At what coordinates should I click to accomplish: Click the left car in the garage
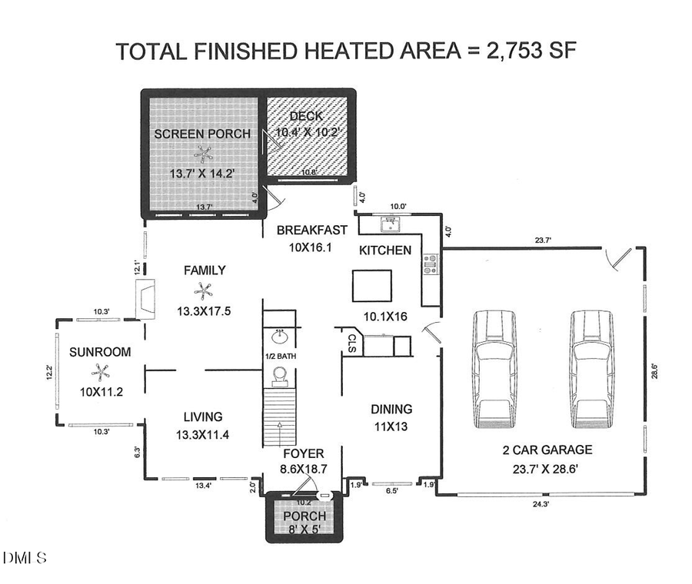point(497,370)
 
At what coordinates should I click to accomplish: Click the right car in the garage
point(593,370)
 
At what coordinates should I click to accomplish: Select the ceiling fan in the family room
point(204,290)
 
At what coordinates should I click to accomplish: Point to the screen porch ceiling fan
point(203,154)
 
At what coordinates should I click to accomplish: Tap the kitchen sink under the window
point(391,224)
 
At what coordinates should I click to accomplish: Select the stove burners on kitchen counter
point(431,264)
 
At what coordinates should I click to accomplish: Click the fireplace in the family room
point(146,299)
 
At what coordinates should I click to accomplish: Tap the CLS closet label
point(351,343)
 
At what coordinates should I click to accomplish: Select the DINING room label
point(391,410)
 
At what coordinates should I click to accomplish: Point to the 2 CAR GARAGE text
point(543,450)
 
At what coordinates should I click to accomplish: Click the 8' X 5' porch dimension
point(304,530)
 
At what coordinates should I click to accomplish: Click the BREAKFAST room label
point(312,230)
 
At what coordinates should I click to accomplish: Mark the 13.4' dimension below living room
point(203,486)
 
